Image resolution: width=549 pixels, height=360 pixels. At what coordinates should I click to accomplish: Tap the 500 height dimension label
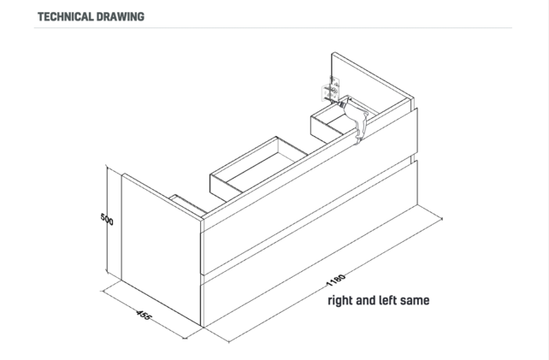click(107, 219)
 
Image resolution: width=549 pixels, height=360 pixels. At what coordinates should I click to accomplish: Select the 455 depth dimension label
click(144, 315)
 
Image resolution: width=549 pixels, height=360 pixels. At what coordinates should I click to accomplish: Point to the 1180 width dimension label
click(336, 280)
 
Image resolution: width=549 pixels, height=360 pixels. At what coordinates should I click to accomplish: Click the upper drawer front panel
click(309, 192)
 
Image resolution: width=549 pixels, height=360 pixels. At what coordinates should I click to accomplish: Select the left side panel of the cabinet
click(161, 249)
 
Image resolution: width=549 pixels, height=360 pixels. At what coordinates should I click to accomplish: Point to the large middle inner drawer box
click(259, 168)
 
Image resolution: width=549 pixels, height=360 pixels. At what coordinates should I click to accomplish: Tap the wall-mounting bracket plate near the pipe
click(331, 90)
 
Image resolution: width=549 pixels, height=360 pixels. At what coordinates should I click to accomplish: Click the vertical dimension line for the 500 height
click(107, 221)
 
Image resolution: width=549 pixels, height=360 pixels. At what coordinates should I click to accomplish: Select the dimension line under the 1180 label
click(335, 280)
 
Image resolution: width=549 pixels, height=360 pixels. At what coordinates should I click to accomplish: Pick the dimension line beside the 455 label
click(143, 315)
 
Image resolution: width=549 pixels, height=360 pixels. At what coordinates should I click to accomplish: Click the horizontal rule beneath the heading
click(273, 27)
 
